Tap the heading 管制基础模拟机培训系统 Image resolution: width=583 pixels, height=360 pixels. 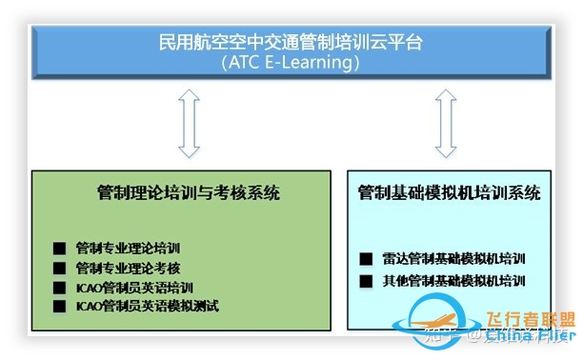tap(450, 193)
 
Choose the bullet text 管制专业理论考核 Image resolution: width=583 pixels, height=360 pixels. tap(127, 269)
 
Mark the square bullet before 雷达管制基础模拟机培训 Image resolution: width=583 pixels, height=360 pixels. tap(367, 258)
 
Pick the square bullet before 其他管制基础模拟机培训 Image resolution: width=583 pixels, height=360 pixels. tap(367, 281)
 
